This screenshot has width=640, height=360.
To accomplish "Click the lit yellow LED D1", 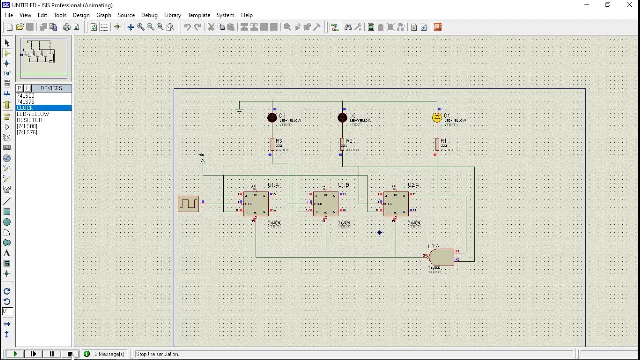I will coord(437,118).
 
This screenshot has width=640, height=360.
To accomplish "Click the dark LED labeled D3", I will coord(272,118).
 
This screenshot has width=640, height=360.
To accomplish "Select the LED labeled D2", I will coord(342,118).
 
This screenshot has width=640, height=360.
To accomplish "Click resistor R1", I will coord(437,144).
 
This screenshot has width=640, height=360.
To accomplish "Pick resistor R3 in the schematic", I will coord(272,144).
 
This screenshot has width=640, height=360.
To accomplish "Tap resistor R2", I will coord(342,144).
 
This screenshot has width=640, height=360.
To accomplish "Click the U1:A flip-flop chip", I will coord(256,203).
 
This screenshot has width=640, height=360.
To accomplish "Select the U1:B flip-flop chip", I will coord(326,203).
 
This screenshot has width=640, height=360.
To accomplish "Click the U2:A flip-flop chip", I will coord(396,203).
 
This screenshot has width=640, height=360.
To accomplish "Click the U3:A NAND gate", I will coord(441,257).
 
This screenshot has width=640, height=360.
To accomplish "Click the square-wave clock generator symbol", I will coord(188,204).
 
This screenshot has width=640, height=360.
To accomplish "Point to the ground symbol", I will coord(240,110).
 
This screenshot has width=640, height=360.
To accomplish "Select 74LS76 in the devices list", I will coord(26,102).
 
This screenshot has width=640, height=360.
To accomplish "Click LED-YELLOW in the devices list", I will coord(33,114).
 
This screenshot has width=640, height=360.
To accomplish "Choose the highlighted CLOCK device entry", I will coord(25,108).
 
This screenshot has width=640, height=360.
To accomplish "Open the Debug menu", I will coord(149,15).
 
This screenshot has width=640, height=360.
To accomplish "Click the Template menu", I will coord(199,15).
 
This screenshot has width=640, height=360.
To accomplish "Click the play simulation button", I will coord(15,354).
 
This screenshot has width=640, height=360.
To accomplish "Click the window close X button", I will coord(629,5).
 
